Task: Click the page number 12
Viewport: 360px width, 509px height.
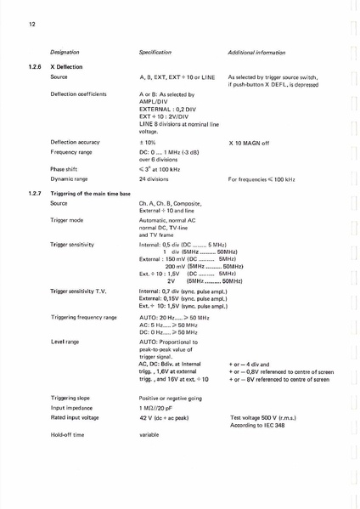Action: tap(30, 25)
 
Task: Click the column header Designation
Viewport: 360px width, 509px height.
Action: tap(65, 53)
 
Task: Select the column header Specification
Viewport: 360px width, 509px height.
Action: tap(155, 53)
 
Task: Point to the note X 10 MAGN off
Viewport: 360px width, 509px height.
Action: tap(249, 143)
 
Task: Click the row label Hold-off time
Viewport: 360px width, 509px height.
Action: tap(68, 434)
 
